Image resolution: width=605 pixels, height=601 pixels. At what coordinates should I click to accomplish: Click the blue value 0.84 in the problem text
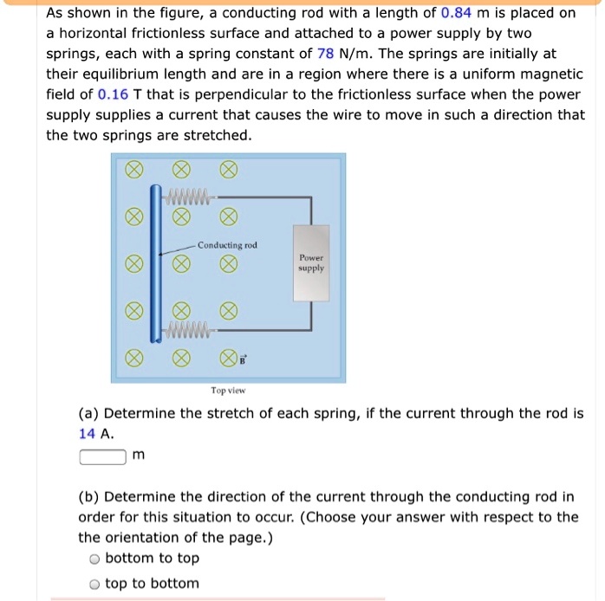(x=456, y=12)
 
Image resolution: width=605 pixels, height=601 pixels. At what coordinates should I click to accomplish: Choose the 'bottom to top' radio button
(x=94, y=559)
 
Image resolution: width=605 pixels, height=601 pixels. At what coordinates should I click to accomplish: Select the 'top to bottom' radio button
(x=94, y=584)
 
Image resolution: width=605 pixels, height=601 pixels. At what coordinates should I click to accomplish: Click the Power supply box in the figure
(x=310, y=263)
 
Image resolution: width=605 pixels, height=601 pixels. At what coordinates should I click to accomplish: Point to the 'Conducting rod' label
(x=227, y=245)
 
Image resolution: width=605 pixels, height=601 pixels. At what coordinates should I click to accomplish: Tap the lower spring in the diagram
(x=193, y=329)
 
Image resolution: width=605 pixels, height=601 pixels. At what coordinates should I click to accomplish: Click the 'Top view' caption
(x=228, y=391)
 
